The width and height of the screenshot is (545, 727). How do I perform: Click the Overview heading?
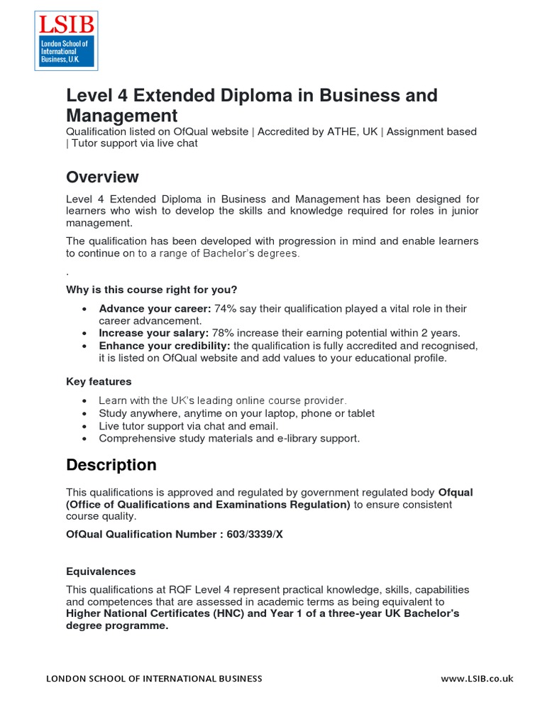(102, 177)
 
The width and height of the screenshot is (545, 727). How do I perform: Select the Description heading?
(111, 465)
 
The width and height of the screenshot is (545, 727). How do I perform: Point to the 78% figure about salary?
(224, 333)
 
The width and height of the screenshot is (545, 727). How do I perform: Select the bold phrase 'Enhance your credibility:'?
(165, 346)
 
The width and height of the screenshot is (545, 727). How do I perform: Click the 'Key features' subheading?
(99, 382)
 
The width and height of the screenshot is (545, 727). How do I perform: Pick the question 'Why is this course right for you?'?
(151, 289)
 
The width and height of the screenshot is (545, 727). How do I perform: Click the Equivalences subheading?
(101, 572)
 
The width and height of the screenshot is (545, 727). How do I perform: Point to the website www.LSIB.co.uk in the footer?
(477, 679)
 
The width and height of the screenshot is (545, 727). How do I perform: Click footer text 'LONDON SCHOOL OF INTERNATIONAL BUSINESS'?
(154, 679)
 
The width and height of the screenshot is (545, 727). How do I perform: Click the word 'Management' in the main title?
(121, 115)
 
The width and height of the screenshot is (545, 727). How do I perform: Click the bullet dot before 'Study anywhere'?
(85, 414)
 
